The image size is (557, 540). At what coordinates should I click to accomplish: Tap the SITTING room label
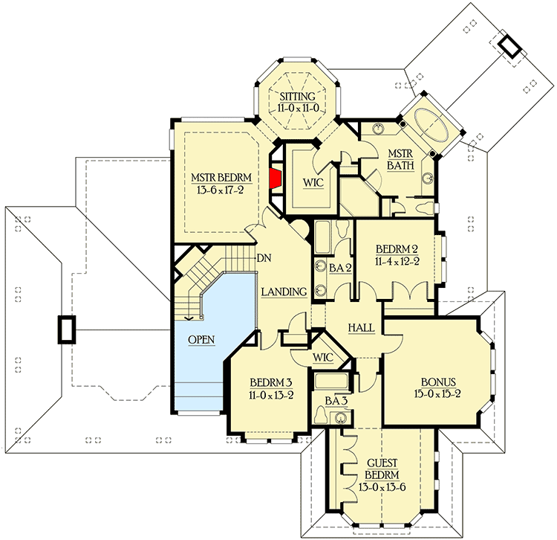point(297,97)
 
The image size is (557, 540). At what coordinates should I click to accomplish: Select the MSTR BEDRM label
point(221,177)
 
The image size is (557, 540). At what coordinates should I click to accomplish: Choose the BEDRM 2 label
point(398,248)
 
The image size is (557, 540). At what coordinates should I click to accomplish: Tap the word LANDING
point(284,292)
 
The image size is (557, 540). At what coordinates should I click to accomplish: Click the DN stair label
point(263,259)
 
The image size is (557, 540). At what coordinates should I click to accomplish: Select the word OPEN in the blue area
point(201,340)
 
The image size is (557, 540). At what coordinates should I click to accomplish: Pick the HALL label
point(361,327)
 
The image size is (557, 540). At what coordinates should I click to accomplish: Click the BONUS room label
point(437,380)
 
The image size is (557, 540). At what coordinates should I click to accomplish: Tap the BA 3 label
point(337,400)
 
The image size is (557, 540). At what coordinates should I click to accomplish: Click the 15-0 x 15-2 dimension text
point(437,393)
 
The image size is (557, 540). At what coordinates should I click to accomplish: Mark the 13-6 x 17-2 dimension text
point(221,190)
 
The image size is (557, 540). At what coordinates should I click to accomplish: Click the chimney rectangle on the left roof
point(66,330)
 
